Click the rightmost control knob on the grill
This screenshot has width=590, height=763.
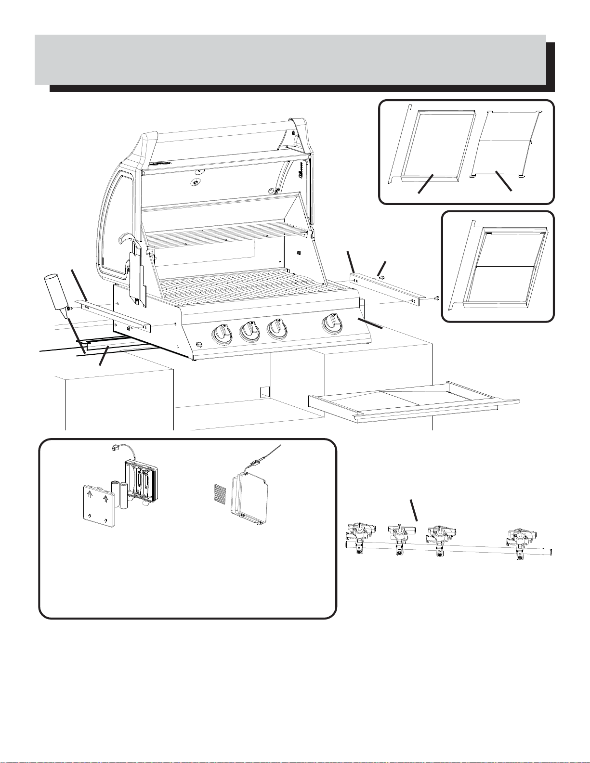[x=332, y=322]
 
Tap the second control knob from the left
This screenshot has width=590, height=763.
[x=248, y=330]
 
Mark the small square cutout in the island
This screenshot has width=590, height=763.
[x=264, y=391]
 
